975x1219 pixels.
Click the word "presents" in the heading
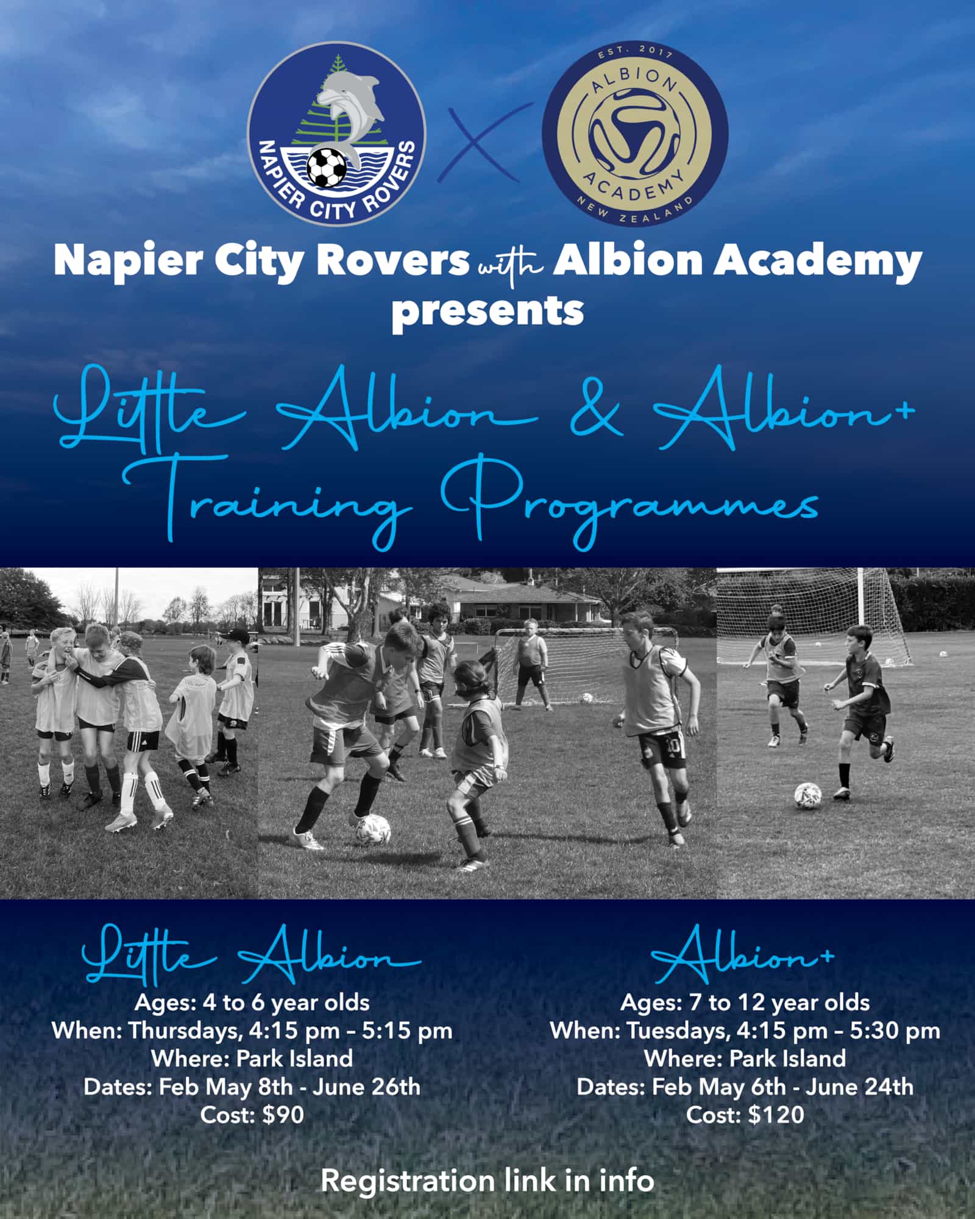[487, 311]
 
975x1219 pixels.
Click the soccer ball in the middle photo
[372, 830]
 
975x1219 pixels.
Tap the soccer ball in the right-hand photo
[807, 795]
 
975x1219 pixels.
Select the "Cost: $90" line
[252, 1115]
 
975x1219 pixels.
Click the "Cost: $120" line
[745, 1115]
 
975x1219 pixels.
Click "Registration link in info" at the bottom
[487, 1181]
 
